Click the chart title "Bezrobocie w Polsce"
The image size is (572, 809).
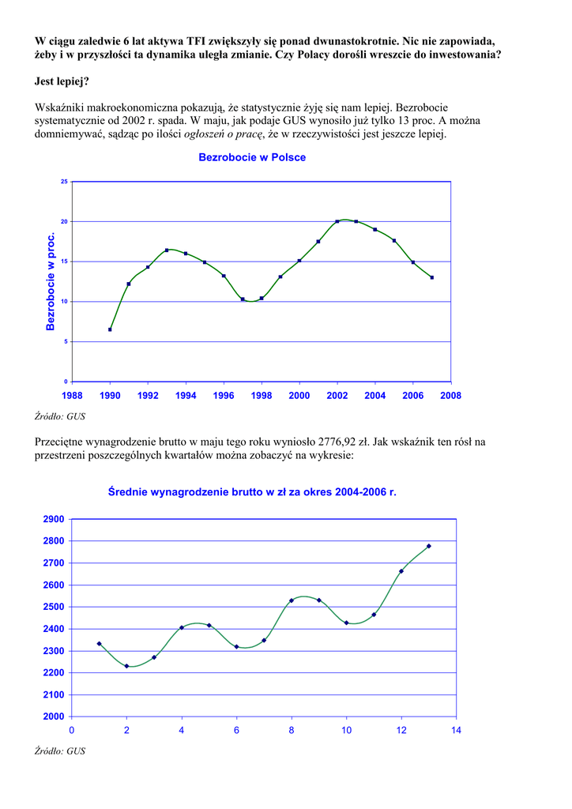[x=252, y=157]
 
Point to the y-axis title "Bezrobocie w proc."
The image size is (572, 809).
[x=51, y=281]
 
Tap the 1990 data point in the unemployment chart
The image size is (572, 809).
[x=110, y=329]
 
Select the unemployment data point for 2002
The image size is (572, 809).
[x=337, y=221]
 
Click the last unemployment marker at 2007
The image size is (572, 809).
[x=432, y=277]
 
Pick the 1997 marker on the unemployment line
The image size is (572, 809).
[x=243, y=299]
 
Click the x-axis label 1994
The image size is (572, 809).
[x=186, y=395]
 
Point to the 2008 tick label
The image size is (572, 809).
[x=451, y=395]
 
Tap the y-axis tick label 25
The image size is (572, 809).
[x=64, y=182]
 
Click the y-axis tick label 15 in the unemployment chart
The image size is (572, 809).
[x=64, y=262]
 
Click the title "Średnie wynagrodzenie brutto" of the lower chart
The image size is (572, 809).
[x=252, y=491]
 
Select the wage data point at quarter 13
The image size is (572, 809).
[x=429, y=546]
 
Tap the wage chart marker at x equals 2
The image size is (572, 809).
[x=126, y=666]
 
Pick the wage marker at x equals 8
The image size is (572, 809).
[x=292, y=600]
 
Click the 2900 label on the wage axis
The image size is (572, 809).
[x=54, y=519]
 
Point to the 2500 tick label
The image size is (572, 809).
[x=54, y=607]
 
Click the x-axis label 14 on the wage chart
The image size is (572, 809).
[x=456, y=730]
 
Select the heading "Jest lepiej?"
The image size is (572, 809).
[x=62, y=81]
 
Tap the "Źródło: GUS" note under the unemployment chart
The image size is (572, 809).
[x=60, y=416]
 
